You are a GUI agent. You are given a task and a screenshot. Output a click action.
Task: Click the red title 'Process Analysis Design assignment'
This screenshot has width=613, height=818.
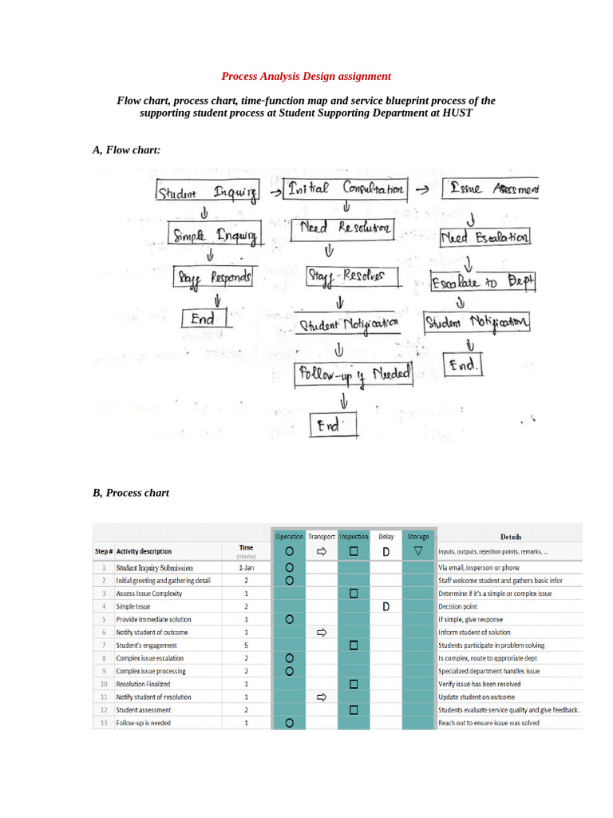tap(306, 77)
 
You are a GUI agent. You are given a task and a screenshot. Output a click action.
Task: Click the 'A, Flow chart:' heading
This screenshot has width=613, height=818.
tap(127, 149)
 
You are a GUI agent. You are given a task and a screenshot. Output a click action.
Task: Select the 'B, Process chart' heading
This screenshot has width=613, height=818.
tap(131, 493)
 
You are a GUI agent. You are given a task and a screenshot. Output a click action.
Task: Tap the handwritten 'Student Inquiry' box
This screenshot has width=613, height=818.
tap(208, 193)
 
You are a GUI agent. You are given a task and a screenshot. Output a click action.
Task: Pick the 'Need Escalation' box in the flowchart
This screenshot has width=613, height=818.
tap(485, 238)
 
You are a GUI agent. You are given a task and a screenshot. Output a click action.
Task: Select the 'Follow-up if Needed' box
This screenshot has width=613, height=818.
tap(354, 374)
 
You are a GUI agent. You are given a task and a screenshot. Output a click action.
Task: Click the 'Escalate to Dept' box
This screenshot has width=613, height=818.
tap(484, 282)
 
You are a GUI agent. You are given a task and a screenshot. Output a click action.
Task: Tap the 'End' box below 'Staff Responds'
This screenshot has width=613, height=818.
tap(204, 319)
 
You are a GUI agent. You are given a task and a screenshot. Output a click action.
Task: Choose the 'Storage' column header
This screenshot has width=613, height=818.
tap(418, 537)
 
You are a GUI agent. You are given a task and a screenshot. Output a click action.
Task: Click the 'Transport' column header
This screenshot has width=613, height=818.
tap(322, 537)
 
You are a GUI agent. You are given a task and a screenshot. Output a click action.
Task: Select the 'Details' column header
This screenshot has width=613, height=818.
tap(511, 537)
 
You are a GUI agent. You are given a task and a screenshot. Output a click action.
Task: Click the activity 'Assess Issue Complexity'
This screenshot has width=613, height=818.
tap(149, 594)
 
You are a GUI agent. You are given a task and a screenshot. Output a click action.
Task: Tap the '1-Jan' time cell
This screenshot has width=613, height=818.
tap(246, 567)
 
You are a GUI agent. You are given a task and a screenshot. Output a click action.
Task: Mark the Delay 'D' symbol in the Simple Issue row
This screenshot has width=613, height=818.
tap(386, 606)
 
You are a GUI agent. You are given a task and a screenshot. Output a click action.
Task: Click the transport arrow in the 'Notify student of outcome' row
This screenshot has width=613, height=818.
tap(322, 632)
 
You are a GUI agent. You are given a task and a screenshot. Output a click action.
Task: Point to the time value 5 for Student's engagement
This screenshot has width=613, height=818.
tap(246, 645)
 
